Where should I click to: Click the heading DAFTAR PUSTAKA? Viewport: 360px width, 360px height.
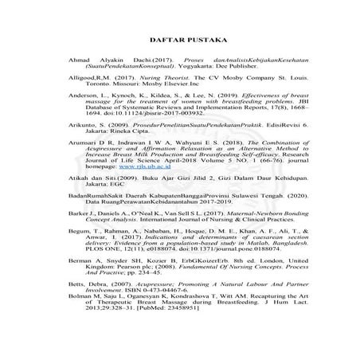pyautogui.click(x=179, y=40)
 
